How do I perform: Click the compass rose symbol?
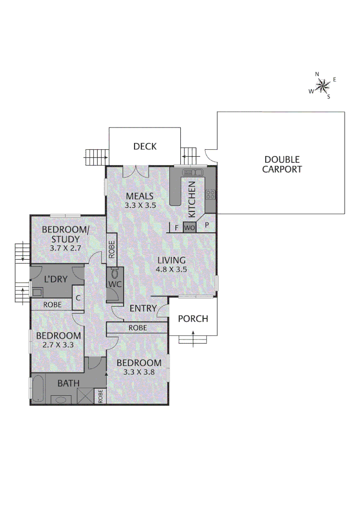point(323,85)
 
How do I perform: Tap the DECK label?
point(144,146)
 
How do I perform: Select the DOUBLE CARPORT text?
point(282,164)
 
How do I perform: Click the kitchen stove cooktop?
point(210,194)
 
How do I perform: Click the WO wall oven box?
point(189,227)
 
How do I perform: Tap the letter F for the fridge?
point(176,228)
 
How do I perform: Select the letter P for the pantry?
point(207,226)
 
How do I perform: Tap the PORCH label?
point(193,319)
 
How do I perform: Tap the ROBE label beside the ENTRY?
point(137,328)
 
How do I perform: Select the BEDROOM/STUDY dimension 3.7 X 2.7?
point(65,247)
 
